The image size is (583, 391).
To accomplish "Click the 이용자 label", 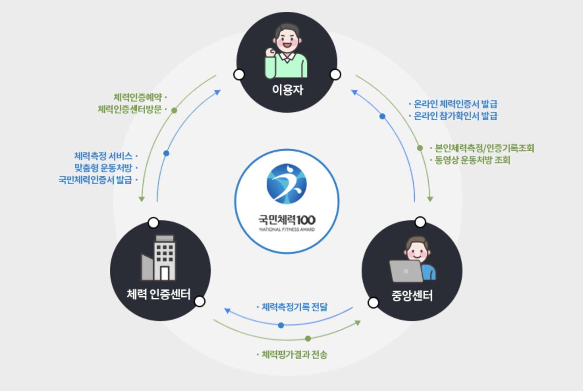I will pos(287,90).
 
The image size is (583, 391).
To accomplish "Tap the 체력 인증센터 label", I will pos(158,294).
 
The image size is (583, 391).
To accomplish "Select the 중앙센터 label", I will pos(412,295).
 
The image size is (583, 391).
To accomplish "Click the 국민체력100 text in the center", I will pos(287,220).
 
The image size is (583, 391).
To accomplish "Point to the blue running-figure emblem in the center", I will pos(287,184).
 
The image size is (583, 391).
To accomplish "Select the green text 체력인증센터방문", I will pos(130,109).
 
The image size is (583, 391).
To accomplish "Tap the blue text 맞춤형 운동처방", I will pos(103,168).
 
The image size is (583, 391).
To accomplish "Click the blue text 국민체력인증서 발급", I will pos(95,180).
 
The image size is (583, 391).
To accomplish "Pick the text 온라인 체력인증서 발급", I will pos(455,104).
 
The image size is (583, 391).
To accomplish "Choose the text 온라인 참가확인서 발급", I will pos(455,116).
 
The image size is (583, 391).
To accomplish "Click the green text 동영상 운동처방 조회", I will pos(472,160).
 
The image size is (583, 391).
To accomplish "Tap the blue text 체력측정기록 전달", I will pos(294,307).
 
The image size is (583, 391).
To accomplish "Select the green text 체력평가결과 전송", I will pos(294,355).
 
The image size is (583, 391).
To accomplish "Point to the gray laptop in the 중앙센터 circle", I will pos(406,271).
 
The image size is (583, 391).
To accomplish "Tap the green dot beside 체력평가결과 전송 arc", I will pos(308,339).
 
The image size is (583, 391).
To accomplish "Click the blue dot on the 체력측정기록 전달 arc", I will pos(281,325).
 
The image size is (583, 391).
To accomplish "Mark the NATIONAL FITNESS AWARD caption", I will pos(287,229).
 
